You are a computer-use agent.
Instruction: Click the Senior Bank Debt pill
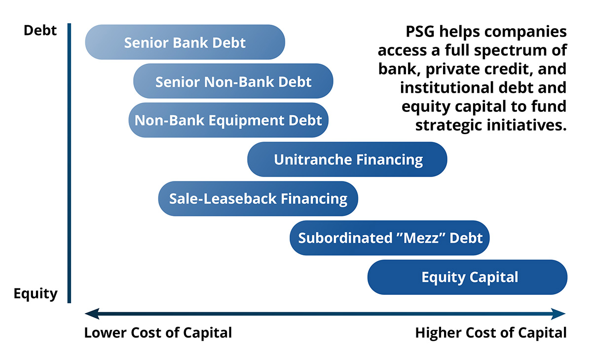pyautogui.click(x=185, y=42)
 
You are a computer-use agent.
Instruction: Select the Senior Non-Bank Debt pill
pyautogui.click(x=233, y=81)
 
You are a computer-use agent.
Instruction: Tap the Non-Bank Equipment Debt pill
pyautogui.click(x=228, y=120)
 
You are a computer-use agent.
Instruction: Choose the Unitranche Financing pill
pyautogui.click(x=347, y=159)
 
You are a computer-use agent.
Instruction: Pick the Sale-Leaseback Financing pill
pyautogui.click(x=258, y=199)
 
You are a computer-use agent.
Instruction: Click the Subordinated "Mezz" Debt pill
pyautogui.click(x=390, y=238)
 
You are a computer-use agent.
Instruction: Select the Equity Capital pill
pyautogui.click(x=467, y=277)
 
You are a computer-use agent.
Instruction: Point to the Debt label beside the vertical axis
pyautogui.click(x=40, y=31)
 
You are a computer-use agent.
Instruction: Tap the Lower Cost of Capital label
pyautogui.click(x=158, y=332)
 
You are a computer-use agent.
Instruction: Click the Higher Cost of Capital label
pyautogui.click(x=491, y=332)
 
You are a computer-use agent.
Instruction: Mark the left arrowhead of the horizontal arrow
pyautogui.click(x=92, y=314)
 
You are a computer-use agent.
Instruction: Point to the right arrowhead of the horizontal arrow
pyautogui.click(x=558, y=314)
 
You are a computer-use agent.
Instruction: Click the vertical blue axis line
pyautogui.click(x=69, y=163)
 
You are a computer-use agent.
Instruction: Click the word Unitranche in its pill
pyautogui.click(x=313, y=159)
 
